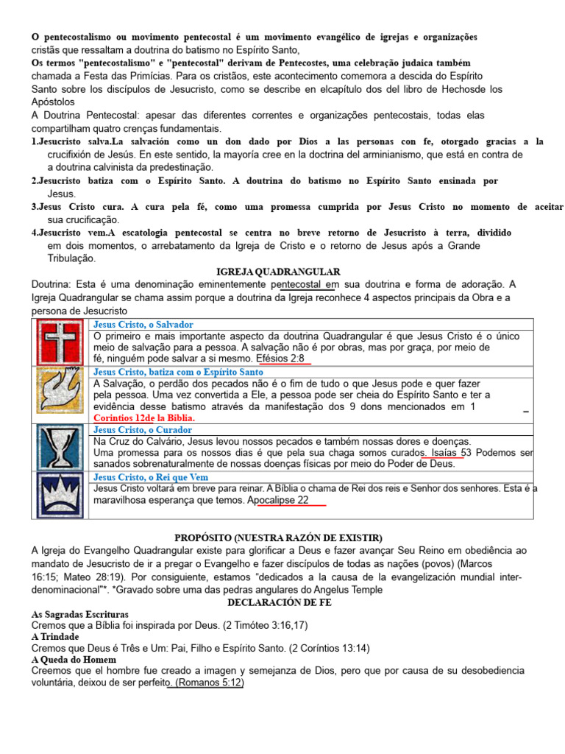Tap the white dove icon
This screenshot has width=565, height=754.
click(x=61, y=395)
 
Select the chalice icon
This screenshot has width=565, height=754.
click(x=61, y=448)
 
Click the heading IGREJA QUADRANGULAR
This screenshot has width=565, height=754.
click(x=278, y=272)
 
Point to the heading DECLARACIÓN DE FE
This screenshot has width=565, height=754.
click(x=280, y=602)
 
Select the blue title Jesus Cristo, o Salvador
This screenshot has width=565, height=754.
click(x=143, y=325)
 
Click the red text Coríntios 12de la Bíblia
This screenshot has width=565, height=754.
click(x=144, y=417)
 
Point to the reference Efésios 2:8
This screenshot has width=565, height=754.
click(x=282, y=359)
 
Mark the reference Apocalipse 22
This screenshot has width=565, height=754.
click(x=278, y=500)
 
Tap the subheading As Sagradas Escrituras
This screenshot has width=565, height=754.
click(x=80, y=613)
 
